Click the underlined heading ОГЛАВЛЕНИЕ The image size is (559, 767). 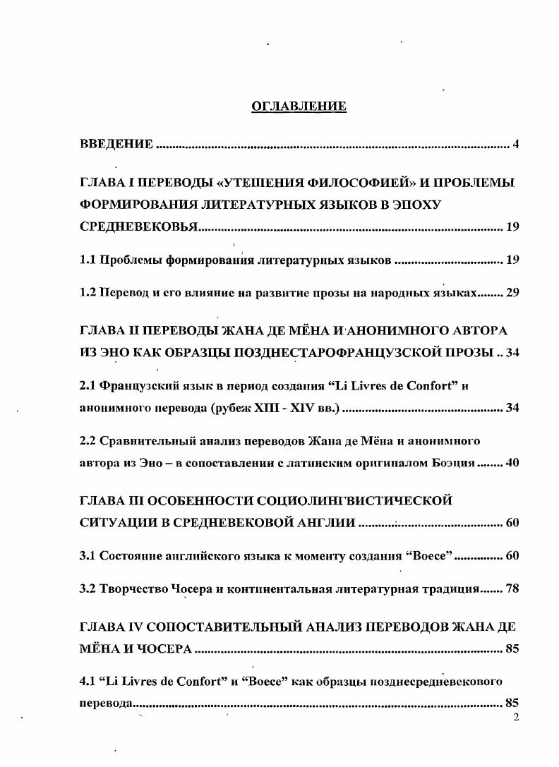coord(299,107)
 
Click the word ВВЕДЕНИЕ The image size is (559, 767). coord(116,145)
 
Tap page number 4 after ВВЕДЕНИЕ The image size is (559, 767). coord(516,145)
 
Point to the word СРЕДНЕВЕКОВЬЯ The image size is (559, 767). coord(138,228)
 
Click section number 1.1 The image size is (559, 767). coord(88,260)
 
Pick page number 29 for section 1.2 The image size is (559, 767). coord(512,294)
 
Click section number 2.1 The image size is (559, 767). coord(88,387)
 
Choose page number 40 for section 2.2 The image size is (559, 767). coord(512,464)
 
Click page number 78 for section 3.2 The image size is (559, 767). coord(512,588)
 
